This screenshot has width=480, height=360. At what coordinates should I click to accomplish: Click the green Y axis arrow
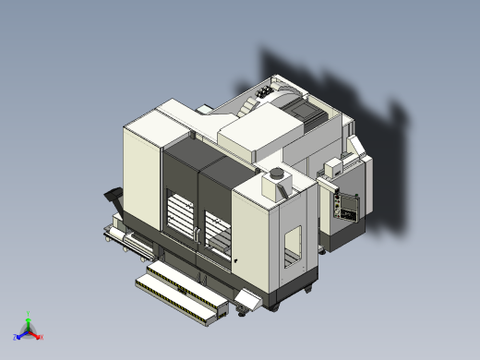pos(29,317)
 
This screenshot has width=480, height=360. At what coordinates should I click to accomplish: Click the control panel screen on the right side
pos(348,205)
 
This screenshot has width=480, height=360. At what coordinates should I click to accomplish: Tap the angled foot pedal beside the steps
pos(246,301)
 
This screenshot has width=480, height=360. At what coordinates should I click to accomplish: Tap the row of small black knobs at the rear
pos(267,91)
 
